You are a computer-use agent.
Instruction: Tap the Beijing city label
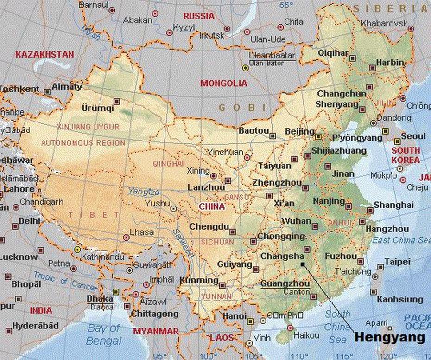click(x=299, y=132)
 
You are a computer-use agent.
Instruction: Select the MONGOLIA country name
click(x=224, y=84)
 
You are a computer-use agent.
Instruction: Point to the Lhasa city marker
click(x=127, y=237)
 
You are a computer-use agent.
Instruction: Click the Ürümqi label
click(x=97, y=108)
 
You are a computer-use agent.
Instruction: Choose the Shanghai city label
click(x=393, y=205)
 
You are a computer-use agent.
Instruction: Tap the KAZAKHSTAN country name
click(x=44, y=54)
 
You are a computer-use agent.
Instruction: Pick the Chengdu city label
click(x=209, y=227)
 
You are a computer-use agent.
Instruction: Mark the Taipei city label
click(x=397, y=262)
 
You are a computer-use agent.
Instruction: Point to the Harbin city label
click(x=390, y=62)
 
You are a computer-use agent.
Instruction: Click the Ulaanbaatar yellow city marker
click(x=246, y=68)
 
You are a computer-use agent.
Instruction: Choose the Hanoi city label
click(x=234, y=316)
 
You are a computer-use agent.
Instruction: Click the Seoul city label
click(x=413, y=136)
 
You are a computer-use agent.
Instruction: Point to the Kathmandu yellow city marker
click(x=78, y=249)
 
